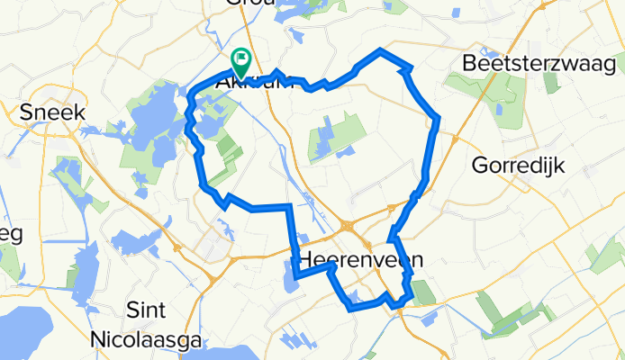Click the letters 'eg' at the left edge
(7, 233)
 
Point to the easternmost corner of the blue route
(438, 118)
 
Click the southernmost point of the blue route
(350, 309)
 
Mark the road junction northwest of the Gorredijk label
(454, 140)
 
